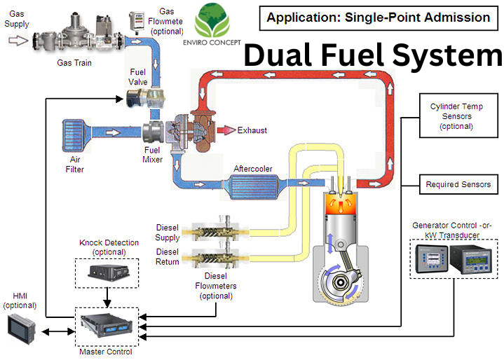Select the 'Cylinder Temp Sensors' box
coord(456,116)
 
